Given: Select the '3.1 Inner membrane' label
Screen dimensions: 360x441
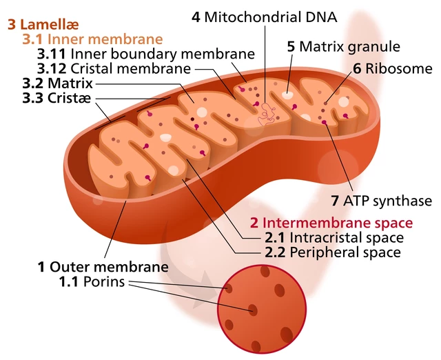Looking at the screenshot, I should tap(92, 39).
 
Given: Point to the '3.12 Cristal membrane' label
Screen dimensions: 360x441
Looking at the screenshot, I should tap(114, 68).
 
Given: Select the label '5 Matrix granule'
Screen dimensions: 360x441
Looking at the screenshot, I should tap(343, 47).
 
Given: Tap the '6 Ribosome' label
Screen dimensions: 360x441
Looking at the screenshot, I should tap(393, 68).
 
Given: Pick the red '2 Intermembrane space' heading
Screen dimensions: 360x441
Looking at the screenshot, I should tap(331, 223).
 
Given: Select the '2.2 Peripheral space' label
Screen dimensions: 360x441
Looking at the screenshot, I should tap(332, 252).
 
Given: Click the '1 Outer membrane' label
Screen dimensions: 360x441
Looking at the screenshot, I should tap(103, 267).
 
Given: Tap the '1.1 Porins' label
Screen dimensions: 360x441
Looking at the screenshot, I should tap(92, 281).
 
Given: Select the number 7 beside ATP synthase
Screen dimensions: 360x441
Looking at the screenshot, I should tap(335, 201).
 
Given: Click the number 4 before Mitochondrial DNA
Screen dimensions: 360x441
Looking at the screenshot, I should tap(196, 16).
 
